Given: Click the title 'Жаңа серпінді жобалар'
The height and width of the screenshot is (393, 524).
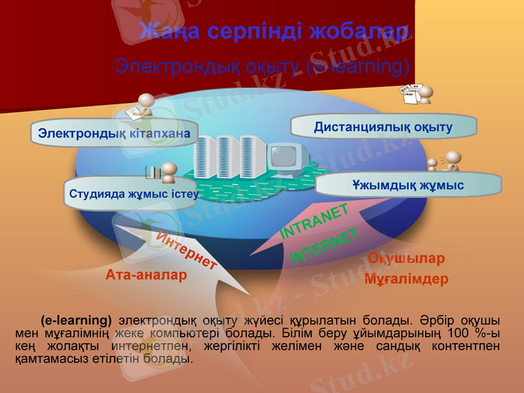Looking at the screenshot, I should pos(274,31).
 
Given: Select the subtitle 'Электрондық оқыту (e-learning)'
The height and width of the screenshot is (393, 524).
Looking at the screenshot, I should pos(262,66).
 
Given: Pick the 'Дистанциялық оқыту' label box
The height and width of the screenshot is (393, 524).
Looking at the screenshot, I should pos(383,126).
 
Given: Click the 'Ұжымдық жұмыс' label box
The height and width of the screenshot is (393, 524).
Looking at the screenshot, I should pos(407,185).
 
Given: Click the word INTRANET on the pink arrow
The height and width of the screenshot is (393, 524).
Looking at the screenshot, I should pos(314,221).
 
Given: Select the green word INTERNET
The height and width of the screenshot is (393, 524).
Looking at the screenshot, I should pos(324,246).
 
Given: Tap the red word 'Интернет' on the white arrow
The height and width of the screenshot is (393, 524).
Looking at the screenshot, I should pos(187,250).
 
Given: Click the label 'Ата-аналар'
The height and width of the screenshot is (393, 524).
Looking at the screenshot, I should pos(146,276).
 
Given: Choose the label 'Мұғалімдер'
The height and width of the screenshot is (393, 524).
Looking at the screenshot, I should pos(406,280).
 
